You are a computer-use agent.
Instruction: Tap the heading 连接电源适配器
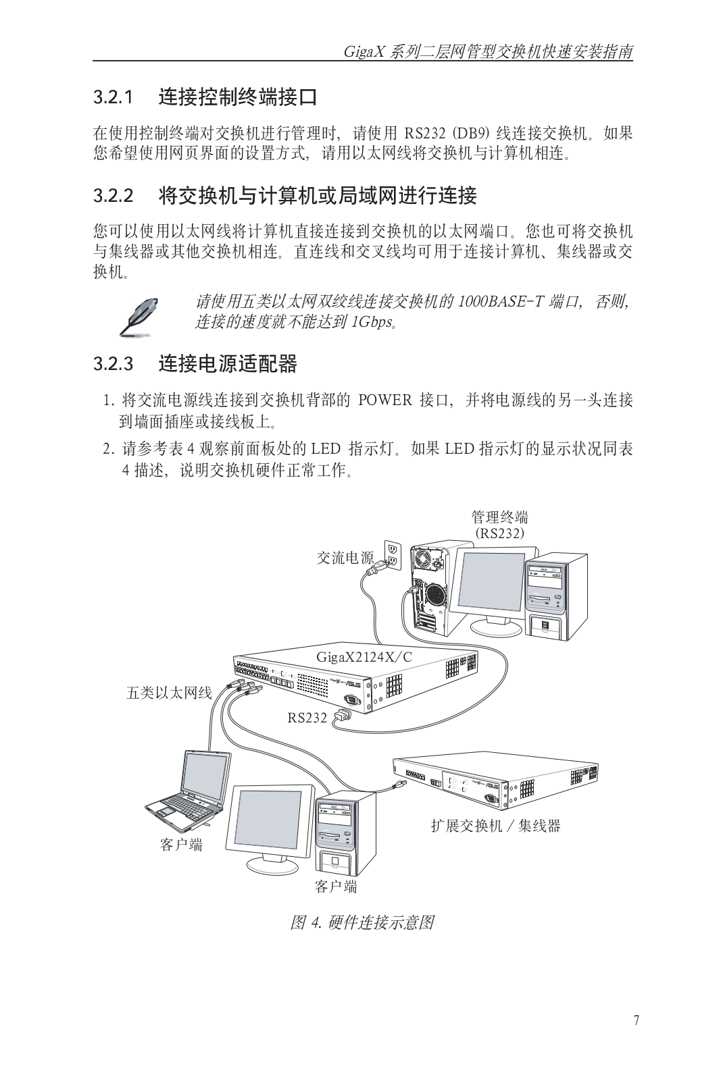click(228, 364)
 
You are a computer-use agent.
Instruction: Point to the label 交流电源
click(345, 558)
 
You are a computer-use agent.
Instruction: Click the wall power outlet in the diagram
click(393, 554)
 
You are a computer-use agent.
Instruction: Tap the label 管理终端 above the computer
click(499, 517)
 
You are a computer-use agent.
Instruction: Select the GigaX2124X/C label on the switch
click(364, 657)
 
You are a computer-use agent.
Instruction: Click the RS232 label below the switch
click(307, 718)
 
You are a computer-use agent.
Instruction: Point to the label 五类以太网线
click(170, 693)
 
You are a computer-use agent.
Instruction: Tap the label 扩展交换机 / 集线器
click(496, 826)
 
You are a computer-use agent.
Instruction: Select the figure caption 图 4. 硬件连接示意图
click(362, 922)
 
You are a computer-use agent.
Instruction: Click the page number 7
click(636, 1020)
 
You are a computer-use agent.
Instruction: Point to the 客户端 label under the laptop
click(181, 845)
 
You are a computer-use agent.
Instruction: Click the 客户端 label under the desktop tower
click(336, 886)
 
